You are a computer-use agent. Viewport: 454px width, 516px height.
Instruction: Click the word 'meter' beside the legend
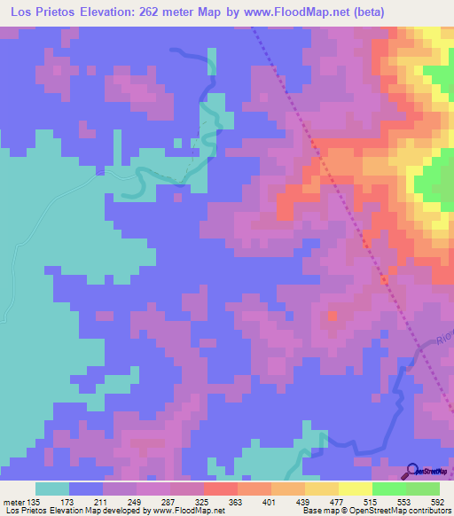[12, 502]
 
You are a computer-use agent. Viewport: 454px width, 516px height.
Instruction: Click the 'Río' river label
[443, 334]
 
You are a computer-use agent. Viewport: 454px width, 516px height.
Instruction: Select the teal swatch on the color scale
[52, 489]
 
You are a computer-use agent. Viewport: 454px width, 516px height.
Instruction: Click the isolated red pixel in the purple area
[333, 315]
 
